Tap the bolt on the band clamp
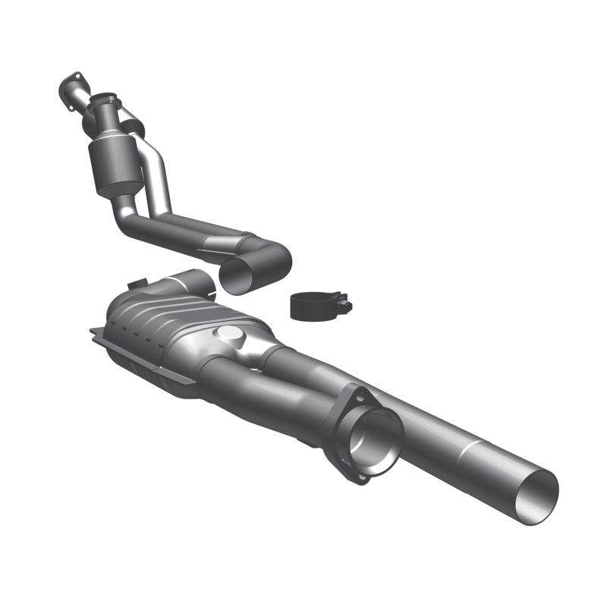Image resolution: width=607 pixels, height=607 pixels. [x=343, y=306]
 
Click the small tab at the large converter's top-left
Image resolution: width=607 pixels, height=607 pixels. [x=137, y=285]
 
